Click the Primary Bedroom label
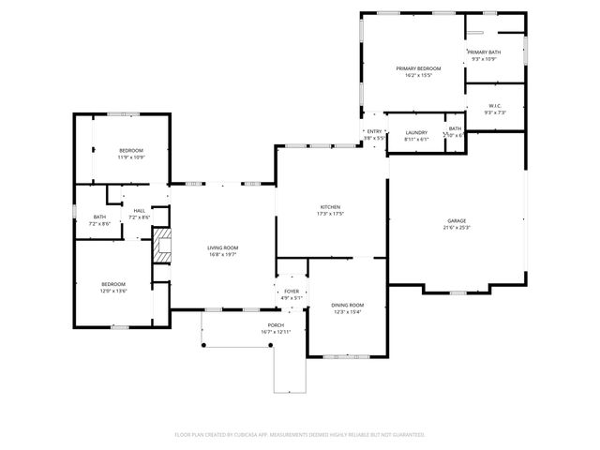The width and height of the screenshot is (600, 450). (418, 68)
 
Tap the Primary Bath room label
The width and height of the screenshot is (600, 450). (485, 52)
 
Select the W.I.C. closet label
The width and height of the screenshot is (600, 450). (494, 106)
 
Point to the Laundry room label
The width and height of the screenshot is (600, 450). (416, 132)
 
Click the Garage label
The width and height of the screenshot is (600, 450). (456, 220)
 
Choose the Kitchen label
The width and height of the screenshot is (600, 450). (330, 207)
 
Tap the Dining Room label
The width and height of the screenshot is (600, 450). (347, 305)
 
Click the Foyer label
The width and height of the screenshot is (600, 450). (291, 292)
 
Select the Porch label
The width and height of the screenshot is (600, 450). (276, 325)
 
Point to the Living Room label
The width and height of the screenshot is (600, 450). (223, 247)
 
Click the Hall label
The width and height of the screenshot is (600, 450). (139, 210)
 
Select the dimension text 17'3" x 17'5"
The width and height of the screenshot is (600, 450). (330, 214)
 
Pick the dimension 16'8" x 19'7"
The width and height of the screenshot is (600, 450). (223, 254)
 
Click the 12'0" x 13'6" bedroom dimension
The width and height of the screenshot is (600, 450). (113, 291)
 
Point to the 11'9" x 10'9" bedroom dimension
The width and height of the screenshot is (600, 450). (131, 157)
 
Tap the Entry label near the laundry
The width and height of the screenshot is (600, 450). (374, 131)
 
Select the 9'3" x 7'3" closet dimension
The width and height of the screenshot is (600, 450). (494, 112)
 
